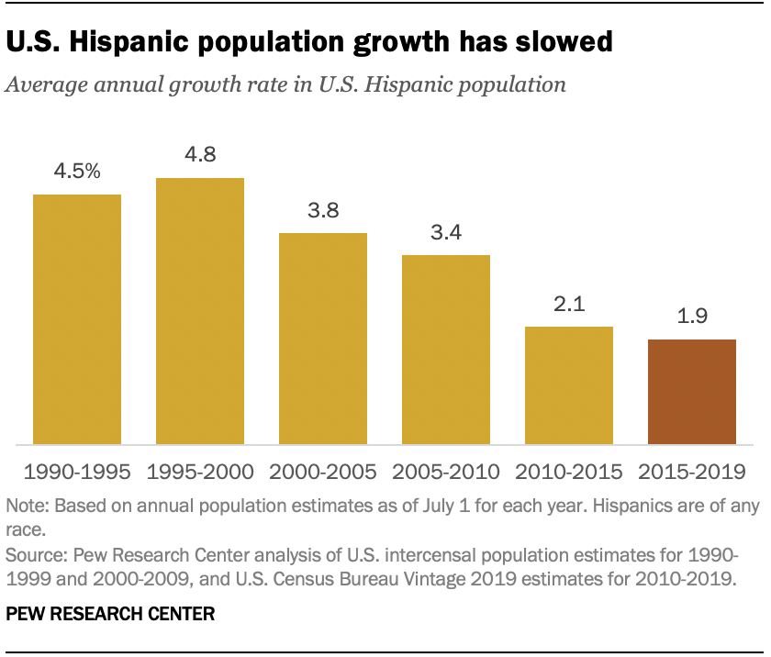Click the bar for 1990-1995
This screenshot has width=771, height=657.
pyautogui.click(x=77, y=319)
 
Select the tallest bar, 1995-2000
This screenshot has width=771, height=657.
pyautogui.click(x=200, y=311)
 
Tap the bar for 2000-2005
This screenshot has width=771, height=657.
pyautogui.click(x=323, y=339)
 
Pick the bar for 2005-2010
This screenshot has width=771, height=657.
pyautogui.click(x=446, y=350)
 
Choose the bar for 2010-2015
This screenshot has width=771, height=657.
pyautogui.click(x=569, y=385)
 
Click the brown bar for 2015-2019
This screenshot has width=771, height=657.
pyautogui.click(x=692, y=392)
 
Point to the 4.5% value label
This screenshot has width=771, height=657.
pyautogui.click(x=77, y=173)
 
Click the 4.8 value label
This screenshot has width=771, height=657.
pyautogui.click(x=200, y=155)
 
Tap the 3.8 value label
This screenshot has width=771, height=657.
pyautogui.click(x=323, y=211)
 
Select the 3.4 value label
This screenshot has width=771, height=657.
pyautogui.click(x=446, y=233)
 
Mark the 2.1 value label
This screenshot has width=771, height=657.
pyautogui.click(x=569, y=305)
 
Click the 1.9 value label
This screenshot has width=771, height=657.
pyautogui.click(x=692, y=317)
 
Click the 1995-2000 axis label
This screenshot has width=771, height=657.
pyautogui.click(x=200, y=473)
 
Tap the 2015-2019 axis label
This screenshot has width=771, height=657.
pyautogui.click(x=692, y=473)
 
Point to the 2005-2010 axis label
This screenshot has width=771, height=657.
pyautogui.click(x=446, y=473)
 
